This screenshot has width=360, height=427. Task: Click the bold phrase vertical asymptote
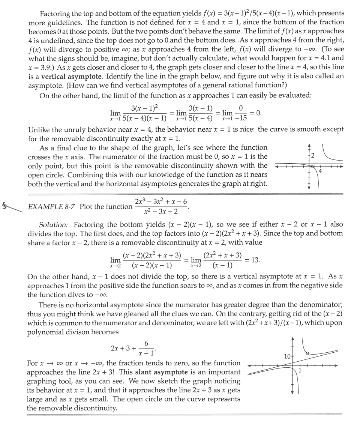(71, 76)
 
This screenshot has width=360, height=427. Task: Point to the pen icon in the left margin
(11, 206)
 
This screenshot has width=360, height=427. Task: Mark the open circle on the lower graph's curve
(307, 353)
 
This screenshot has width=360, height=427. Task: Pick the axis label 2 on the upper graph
(312, 155)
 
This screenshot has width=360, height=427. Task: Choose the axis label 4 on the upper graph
(320, 171)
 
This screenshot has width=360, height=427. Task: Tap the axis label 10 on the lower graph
(287, 356)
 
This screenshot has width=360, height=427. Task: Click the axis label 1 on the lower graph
(300, 371)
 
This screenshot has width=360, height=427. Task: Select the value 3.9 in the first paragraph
(45, 67)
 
